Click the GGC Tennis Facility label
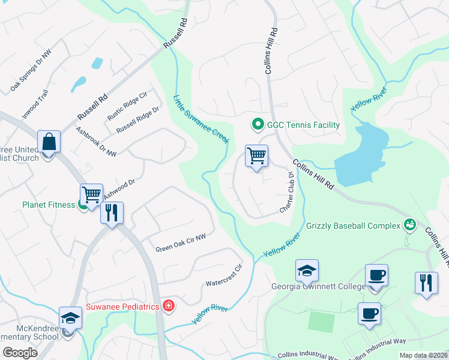pyautogui.click(x=303, y=125)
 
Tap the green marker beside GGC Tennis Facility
pyautogui.click(x=258, y=125)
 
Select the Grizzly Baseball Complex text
pyautogui.click(x=353, y=226)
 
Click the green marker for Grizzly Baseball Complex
pyautogui.click(x=411, y=225)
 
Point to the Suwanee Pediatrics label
pyautogui.click(x=122, y=307)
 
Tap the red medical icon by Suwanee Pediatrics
pyautogui.click(x=169, y=307)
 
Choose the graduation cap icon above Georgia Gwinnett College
pyautogui.click(x=307, y=272)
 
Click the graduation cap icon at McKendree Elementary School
pyautogui.click(x=70, y=319)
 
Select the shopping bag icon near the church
pyautogui.click(x=48, y=143)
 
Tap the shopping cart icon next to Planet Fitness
pyautogui.click(x=91, y=195)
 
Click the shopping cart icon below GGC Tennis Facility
pyautogui.click(x=256, y=157)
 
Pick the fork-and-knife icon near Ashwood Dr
pyautogui.click(x=112, y=213)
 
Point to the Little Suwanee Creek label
pyautogui.click(x=201, y=119)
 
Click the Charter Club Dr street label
pyautogui.click(x=286, y=193)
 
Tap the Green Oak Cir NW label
pyautogui.click(x=181, y=243)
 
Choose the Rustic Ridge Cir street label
pyautogui.click(x=127, y=105)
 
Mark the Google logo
pyautogui.click(x=20, y=353)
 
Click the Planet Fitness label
pyautogui.click(x=49, y=205)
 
